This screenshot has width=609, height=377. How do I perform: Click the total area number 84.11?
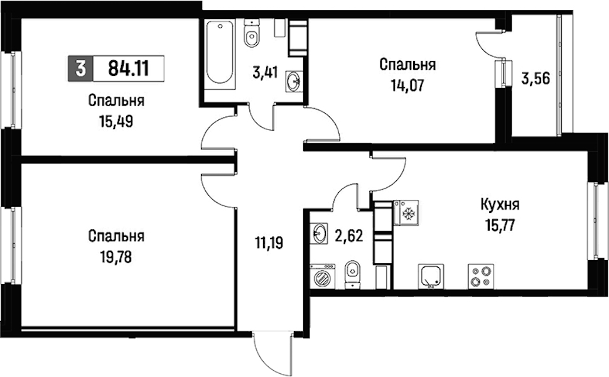[x=129, y=69]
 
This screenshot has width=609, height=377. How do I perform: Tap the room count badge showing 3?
[x=81, y=69]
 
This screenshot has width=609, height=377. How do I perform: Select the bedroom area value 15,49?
[x=116, y=122]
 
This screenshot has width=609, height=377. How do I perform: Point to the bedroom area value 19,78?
[x=116, y=257]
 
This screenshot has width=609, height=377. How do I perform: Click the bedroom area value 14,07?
[x=407, y=85]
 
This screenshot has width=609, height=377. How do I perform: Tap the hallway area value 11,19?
[x=269, y=243]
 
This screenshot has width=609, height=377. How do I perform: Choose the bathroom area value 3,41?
[x=266, y=72]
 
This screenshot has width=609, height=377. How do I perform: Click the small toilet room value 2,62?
[x=349, y=236]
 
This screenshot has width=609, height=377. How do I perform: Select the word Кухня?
[x=500, y=204]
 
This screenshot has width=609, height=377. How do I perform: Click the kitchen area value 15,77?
[x=500, y=226]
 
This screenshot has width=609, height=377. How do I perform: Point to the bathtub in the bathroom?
[x=220, y=53]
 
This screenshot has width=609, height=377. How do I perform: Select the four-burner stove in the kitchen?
[x=481, y=276]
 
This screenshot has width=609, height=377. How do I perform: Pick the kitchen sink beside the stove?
[x=431, y=276]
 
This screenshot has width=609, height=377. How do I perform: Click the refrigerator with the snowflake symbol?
[x=406, y=212]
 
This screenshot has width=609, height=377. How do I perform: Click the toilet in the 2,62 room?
[x=352, y=274]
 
